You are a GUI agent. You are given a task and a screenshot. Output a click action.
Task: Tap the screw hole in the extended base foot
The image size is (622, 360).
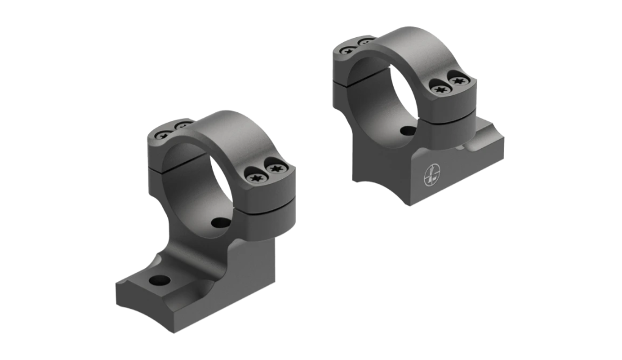tap(159, 281)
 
